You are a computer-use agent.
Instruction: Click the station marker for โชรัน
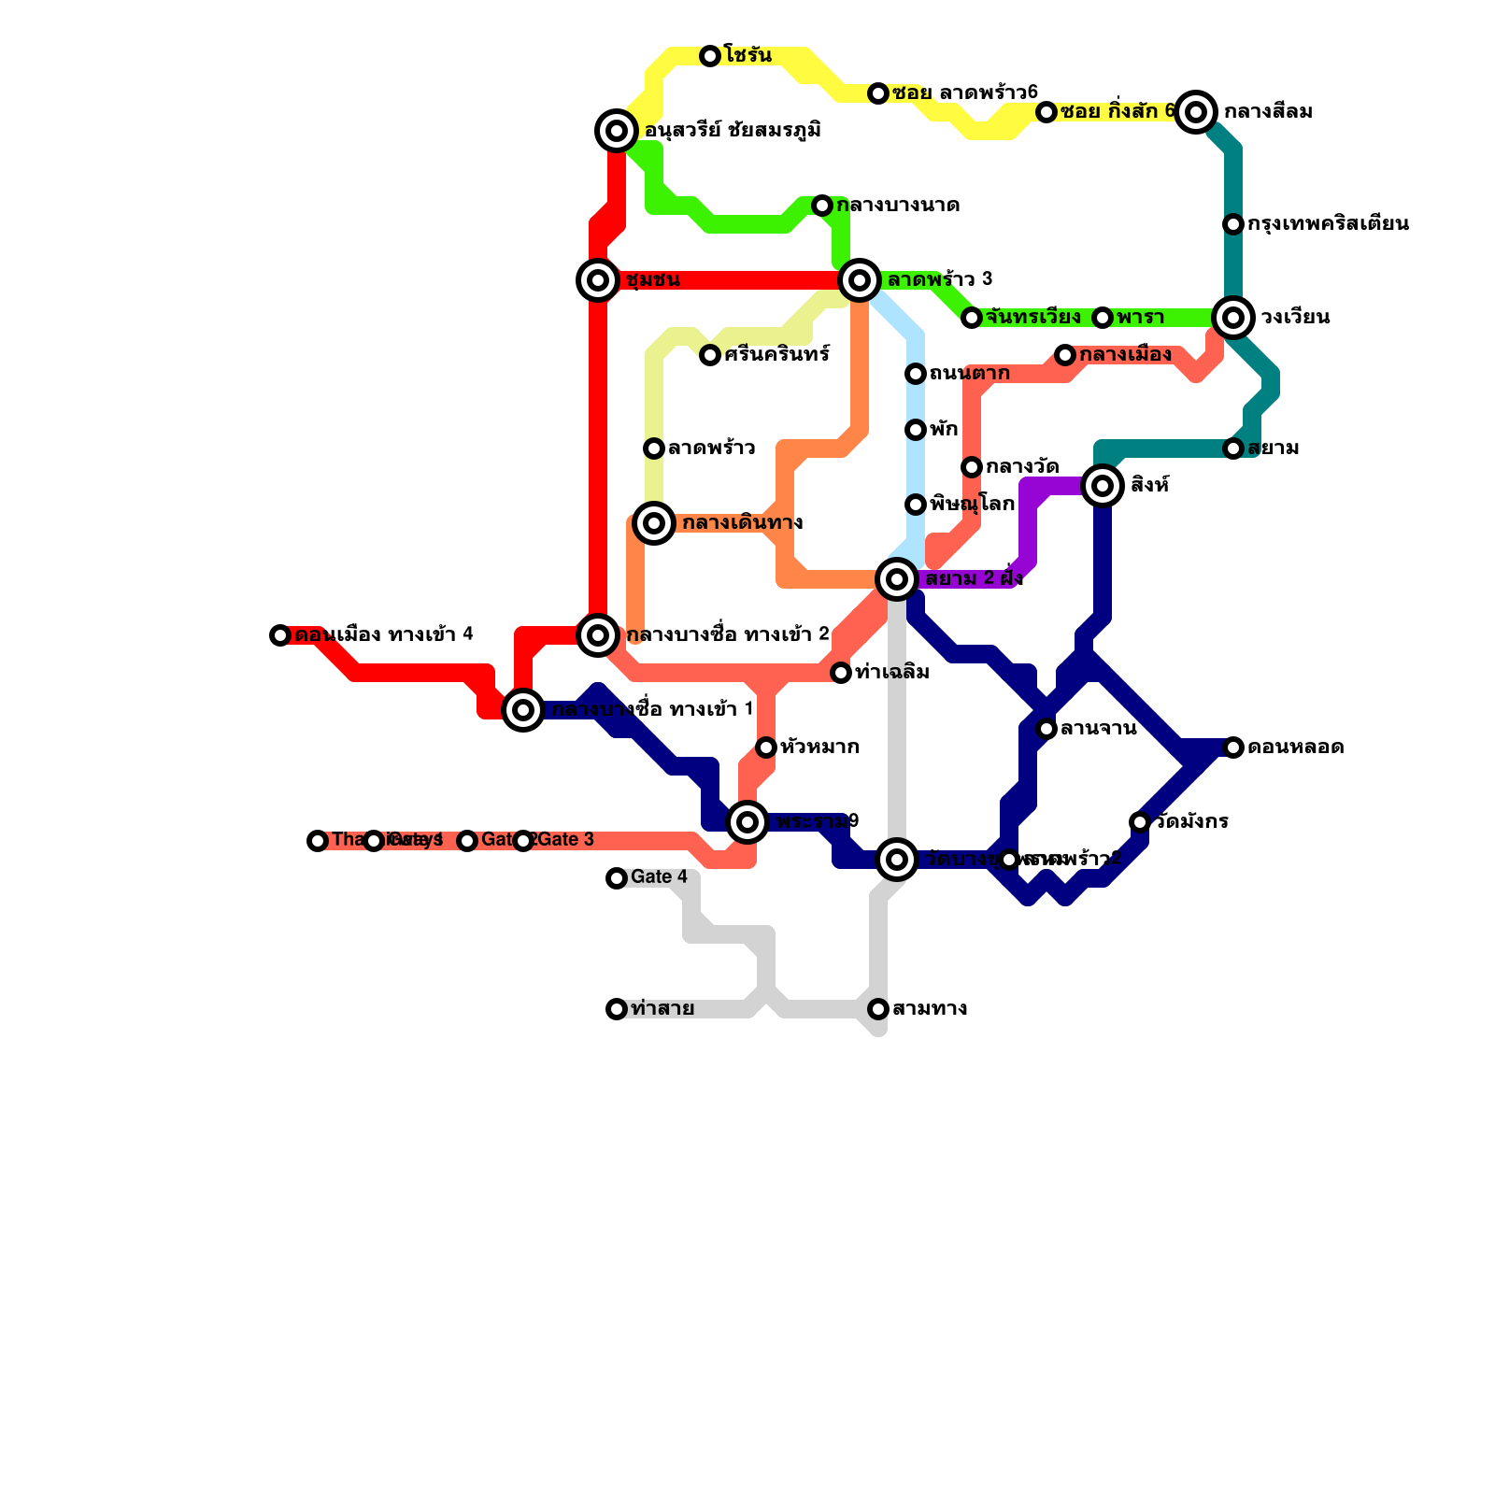click(710, 56)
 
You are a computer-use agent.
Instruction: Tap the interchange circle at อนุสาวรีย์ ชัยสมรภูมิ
click(617, 131)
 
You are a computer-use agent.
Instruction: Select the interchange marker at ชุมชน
click(598, 280)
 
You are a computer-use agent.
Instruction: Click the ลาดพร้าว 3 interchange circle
click(860, 279)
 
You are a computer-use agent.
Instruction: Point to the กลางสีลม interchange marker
click(1196, 112)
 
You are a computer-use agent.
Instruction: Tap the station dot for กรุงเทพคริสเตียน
click(1233, 224)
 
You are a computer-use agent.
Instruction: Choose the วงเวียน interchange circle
click(1233, 318)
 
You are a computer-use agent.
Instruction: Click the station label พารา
click(1141, 318)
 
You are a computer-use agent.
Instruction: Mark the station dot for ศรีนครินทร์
click(710, 355)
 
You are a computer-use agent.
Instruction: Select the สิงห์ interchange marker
click(1103, 486)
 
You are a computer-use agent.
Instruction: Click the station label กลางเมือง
click(1125, 355)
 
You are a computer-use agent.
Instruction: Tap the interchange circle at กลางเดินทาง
click(654, 523)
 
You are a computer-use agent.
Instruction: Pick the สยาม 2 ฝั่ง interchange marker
click(897, 579)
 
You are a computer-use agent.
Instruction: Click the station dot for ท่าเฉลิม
click(841, 673)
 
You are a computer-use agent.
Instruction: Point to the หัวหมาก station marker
click(766, 747)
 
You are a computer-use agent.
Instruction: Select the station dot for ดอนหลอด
click(1233, 747)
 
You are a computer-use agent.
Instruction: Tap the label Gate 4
click(659, 877)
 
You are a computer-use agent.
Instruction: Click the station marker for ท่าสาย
click(617, 1009)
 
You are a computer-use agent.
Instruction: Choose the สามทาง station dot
click(878, 1009)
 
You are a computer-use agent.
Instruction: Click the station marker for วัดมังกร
click(1140, 822)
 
